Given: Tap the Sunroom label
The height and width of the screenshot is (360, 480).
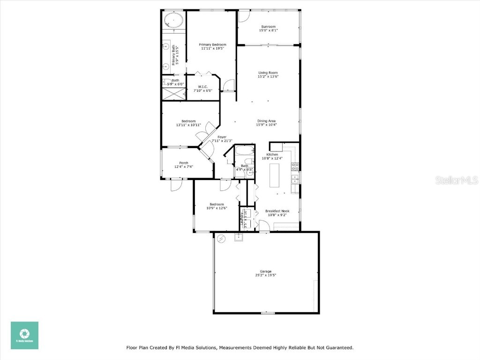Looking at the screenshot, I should click(x=269, y=27).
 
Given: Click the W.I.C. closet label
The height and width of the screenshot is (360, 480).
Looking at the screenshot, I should click(x=202, y=86).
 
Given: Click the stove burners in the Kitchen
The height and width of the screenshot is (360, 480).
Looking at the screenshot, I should click(x=295, y=165).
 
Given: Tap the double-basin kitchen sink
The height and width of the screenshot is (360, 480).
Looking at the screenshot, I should click(x=295, y=179).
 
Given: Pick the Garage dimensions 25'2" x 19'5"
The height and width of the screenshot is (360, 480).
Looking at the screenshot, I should click(x=266, y=276).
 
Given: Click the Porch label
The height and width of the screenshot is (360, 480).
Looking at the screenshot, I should click(x=184, y=163).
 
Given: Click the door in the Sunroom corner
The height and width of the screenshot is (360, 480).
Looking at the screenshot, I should click(x=244, y=16).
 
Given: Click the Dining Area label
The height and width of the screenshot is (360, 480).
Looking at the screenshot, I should click(x=266, y=120).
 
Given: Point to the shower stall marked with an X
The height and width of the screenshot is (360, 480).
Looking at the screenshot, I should click(x=173, y=94).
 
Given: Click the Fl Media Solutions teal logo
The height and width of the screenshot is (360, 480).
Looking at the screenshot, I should click(x=25, y=335).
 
